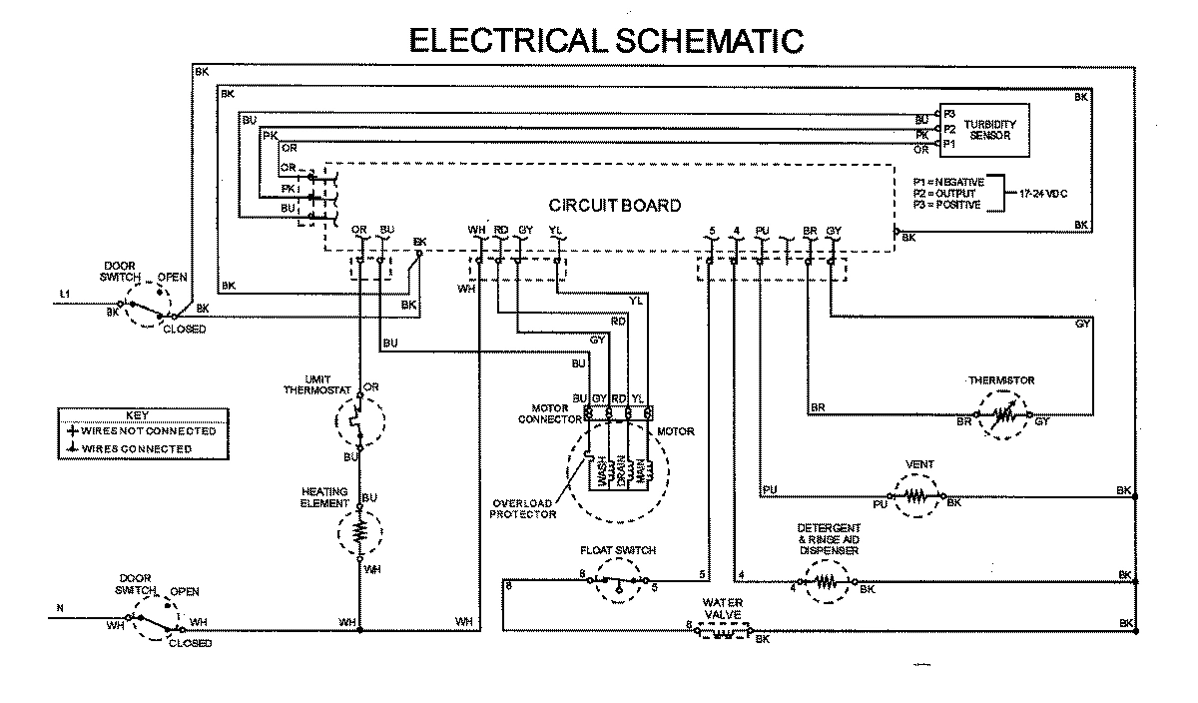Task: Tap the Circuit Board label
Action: [x=615, y=206]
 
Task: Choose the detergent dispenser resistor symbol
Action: [x=826, y=584]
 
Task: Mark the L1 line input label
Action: [x=65, y=294]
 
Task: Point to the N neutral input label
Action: [x=59, y=609]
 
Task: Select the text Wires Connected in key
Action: [x=136, y=449]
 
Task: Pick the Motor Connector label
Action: [x=543, y=413]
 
